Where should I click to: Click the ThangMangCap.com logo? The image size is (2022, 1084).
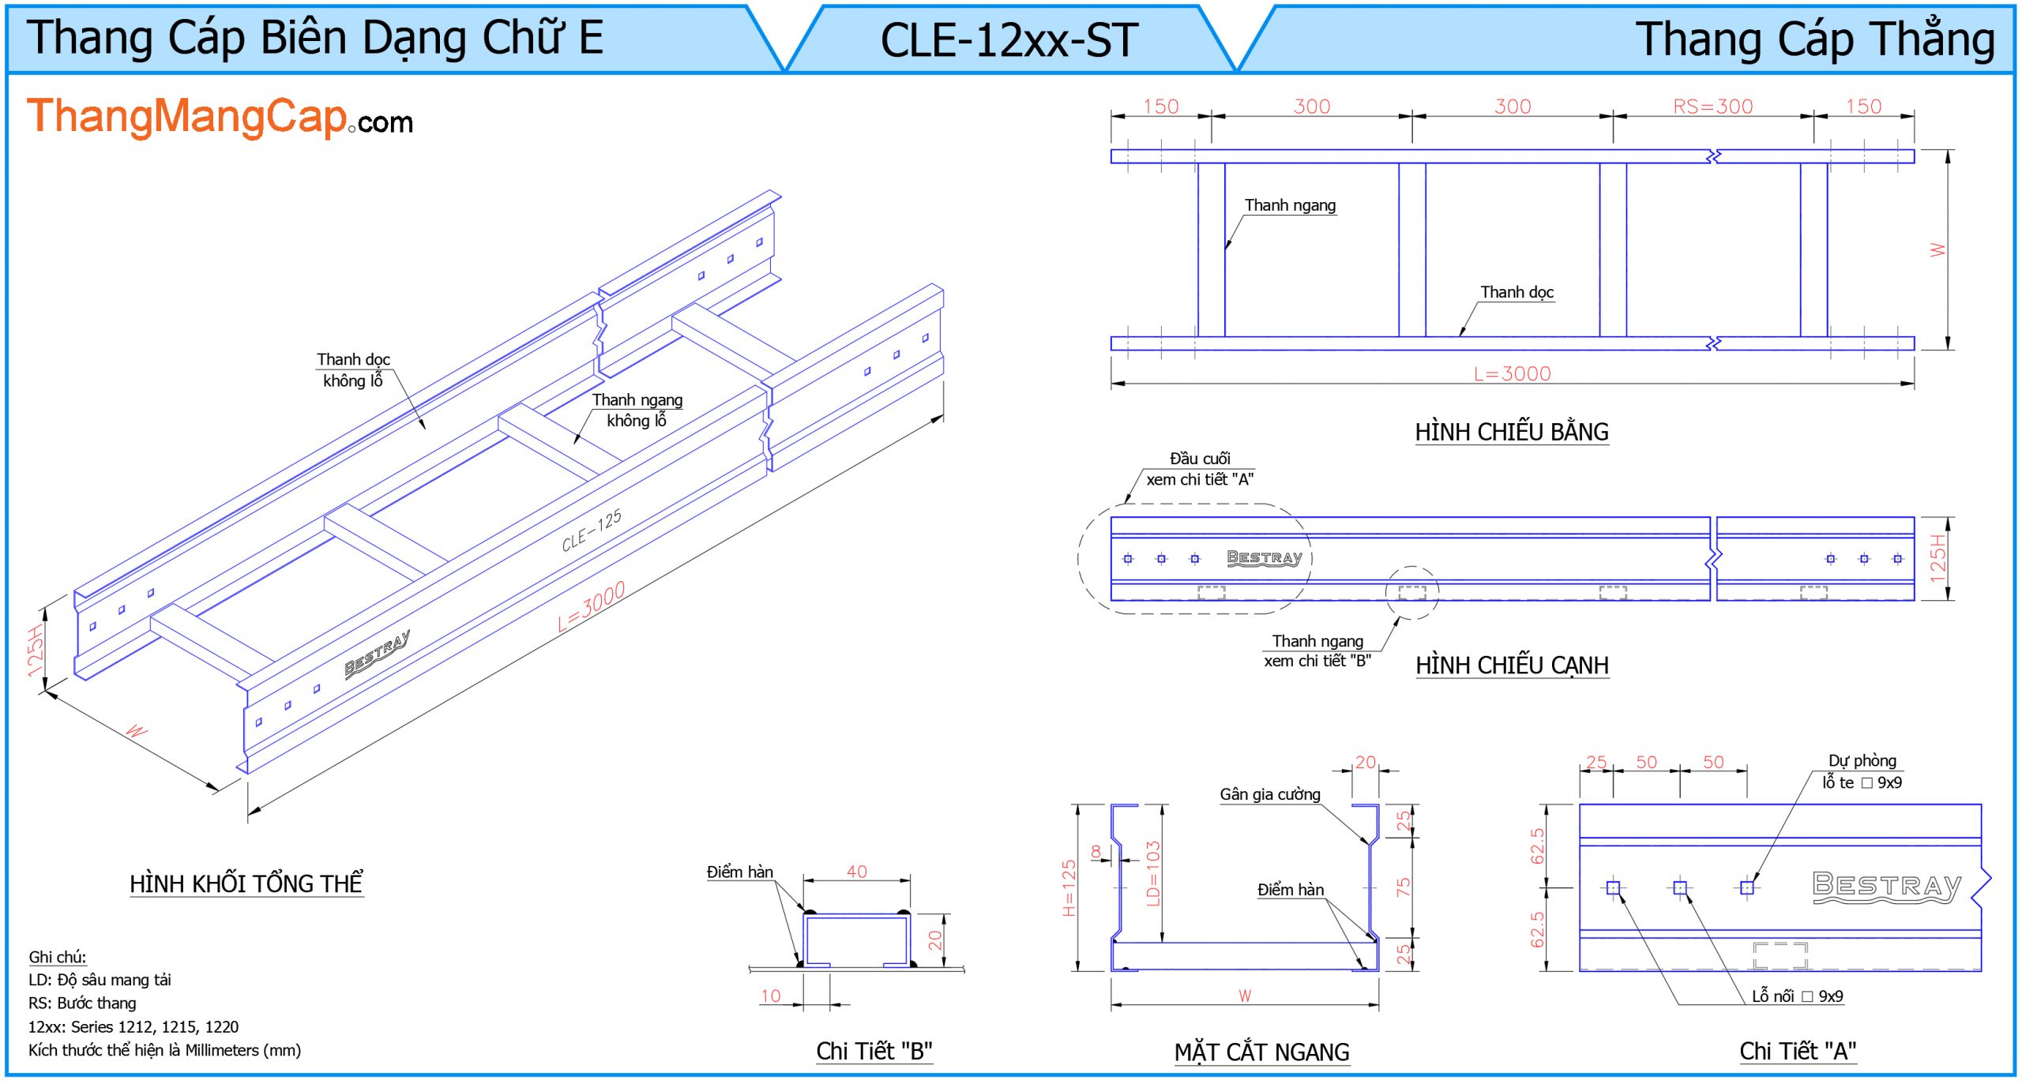220,118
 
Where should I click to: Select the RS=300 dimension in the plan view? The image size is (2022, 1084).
1712,107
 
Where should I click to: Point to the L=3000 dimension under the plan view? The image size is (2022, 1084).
1512,373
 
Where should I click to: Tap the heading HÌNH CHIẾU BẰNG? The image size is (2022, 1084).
1511,432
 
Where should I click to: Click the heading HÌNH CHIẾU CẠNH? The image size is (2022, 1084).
1511,666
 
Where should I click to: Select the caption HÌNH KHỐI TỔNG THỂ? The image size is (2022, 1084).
246,883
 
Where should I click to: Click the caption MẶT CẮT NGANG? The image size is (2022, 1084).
1261,1052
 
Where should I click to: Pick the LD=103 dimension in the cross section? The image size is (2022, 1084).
1152,874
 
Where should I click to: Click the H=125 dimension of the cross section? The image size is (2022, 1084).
1069,888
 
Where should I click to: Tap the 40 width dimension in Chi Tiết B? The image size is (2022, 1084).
856,872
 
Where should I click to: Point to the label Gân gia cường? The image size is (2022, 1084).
1269,794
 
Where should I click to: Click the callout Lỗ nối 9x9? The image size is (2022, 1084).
1797,996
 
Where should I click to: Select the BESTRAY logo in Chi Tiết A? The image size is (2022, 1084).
1886,886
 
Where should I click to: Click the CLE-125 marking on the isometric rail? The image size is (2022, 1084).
592,531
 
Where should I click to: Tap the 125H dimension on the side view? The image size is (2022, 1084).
1937,558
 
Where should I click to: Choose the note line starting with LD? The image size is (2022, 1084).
100,980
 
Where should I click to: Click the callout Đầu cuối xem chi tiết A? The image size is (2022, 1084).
1199,469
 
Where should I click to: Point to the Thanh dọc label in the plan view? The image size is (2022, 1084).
1516,292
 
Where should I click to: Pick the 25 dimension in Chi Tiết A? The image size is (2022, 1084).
1595,762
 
